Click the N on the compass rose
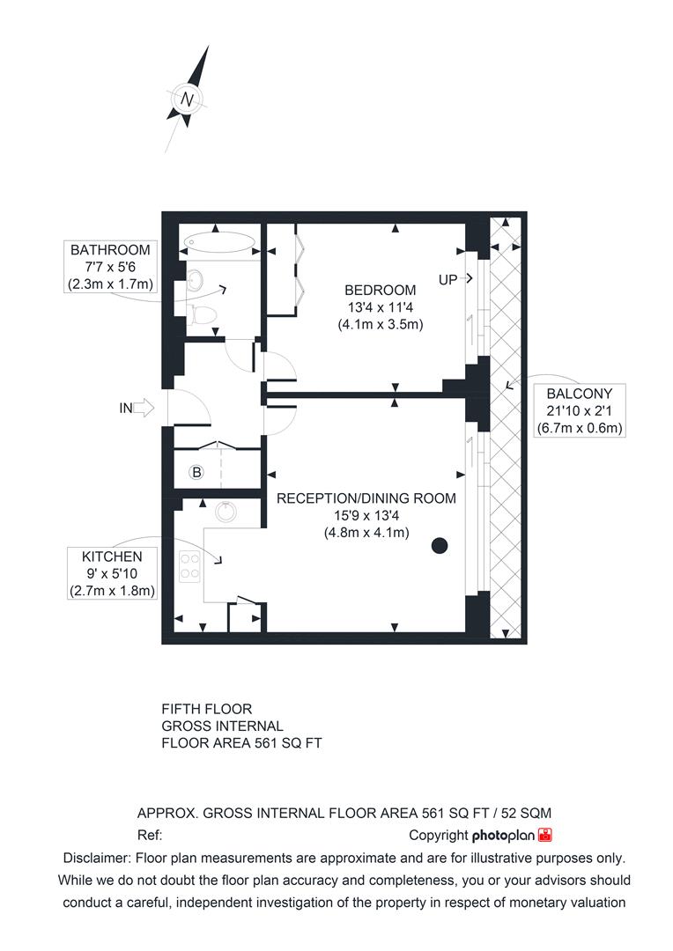point(187,100)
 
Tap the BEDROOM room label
point(380,290)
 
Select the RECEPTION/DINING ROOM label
point(366,498)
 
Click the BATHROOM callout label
point(111,250)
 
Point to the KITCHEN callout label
point(112,557)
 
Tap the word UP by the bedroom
point(448,279)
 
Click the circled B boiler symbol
point(196,473)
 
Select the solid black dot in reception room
point(440,545)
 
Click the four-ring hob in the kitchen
point(190,565)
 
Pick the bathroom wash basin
point(196,281)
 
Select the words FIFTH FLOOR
point(206,709)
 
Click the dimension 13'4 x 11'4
point(381,307)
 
